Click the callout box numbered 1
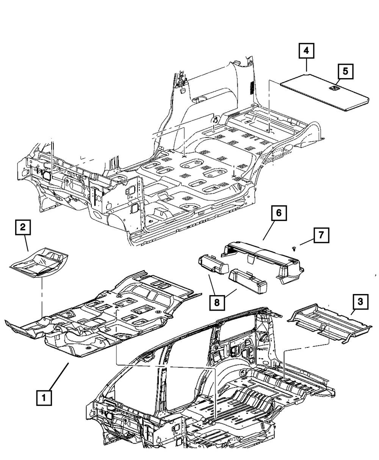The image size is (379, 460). pyautogui.click(x=44, y=398)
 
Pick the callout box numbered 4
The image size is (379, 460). pyautogui.click(x=306, y=50)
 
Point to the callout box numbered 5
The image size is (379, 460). pyautogui.click(x=345, y=71)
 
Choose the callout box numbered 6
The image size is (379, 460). pyautogui.click(x=279, y=214)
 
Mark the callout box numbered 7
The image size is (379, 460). pyautogui.click(x=321, y=235)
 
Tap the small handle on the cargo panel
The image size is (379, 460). pyautogui.click(x=334, y=88)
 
